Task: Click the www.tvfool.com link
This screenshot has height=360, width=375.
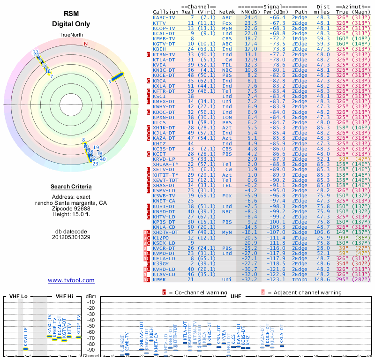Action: [71, 280]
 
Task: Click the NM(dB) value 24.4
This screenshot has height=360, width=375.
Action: [250, 17]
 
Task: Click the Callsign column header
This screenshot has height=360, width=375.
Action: [165, 11]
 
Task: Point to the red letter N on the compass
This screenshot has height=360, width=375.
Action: [86, 44]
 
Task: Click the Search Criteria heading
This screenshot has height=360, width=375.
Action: [71, 187]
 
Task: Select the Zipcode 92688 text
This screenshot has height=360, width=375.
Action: [71, 208]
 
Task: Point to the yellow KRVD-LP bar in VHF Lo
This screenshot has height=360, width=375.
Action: [26, 349]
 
